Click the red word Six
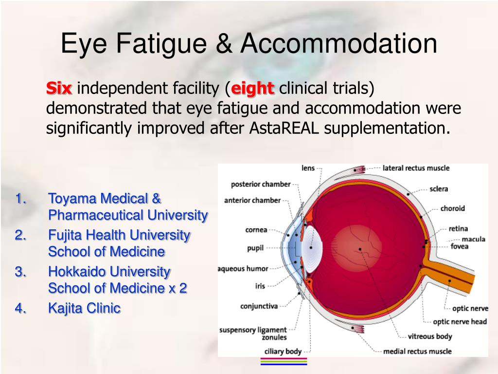(59, 89)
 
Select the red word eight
(252, 89)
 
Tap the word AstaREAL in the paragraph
(285, 128)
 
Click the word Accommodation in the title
(339, 43)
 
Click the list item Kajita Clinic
(84, 308)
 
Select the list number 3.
(20, 271)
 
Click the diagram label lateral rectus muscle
(416, 168)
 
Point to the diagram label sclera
(439, 189)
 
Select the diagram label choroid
(452, 208)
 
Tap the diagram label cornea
(256, 230)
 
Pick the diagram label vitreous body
(429, 336)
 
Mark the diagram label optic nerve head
(460, 321)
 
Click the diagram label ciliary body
(283, 351)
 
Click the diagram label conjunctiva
(259, 306)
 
